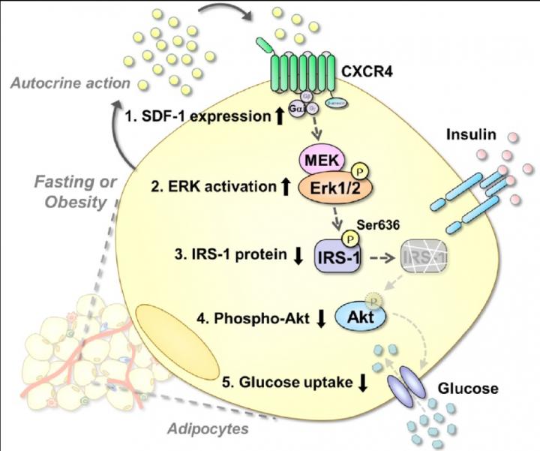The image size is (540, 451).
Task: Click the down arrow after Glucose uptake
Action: (x=363, y=382)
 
